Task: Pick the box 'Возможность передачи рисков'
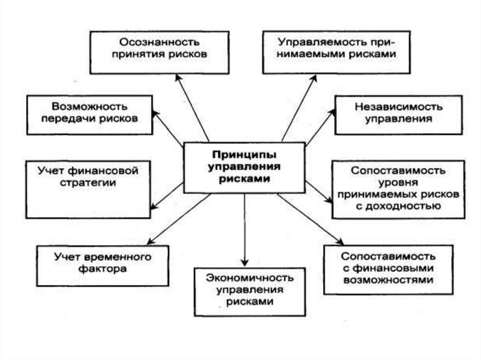(x=89, y=115)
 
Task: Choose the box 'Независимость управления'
(x=398, y=115)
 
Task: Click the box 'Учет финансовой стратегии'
(x=88, y=189)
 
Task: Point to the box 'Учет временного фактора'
(x=102, y=265)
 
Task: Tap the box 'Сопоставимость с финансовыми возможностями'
(x=388, y=269)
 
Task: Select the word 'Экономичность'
(x=250, y=277)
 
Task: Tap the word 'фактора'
(x=102, y=271)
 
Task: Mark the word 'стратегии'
(x=88, y=183)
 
